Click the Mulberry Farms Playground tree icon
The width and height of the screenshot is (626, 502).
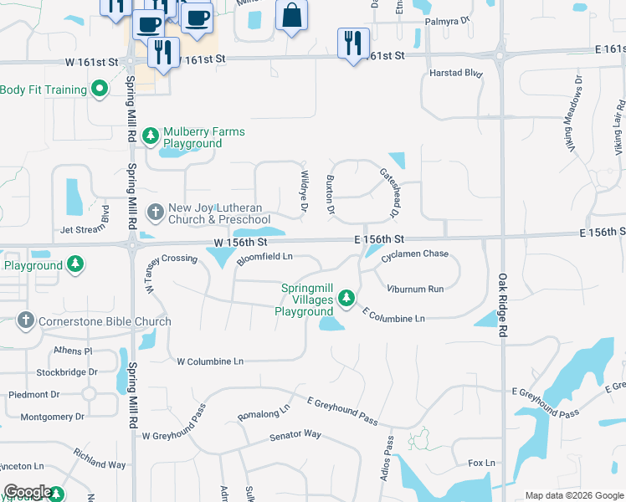pyautogui.click(x=151, y=135)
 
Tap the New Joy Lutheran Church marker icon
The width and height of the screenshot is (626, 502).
pyautogui.click(x=155, y=213)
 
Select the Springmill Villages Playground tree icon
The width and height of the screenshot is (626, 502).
pyautogui.click(x=345, y=298)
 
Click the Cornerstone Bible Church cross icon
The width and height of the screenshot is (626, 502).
pyautogui.click(x=26, y=320)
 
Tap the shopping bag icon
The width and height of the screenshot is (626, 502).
pyautogui.click(x=291, y=15)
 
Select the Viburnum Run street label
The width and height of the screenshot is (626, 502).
pyautogui.click(x=415, y=289)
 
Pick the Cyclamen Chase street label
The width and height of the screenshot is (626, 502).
pyautogui.click(x=414, y=254)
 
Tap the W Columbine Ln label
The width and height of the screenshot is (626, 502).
pyautogui.click(x=209, y=361)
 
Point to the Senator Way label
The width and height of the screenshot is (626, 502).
pyautogui.click(x=295, y=435)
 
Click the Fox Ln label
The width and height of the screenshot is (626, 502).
pyautogui.click(x=481, y=463)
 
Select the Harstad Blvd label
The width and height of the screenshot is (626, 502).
pyautogui.click(x=456, y=74)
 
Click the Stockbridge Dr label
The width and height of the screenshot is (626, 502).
pyautogui.click(x=67, y=371)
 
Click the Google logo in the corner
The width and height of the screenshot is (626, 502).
pyautogui.click(x=28, y=492)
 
